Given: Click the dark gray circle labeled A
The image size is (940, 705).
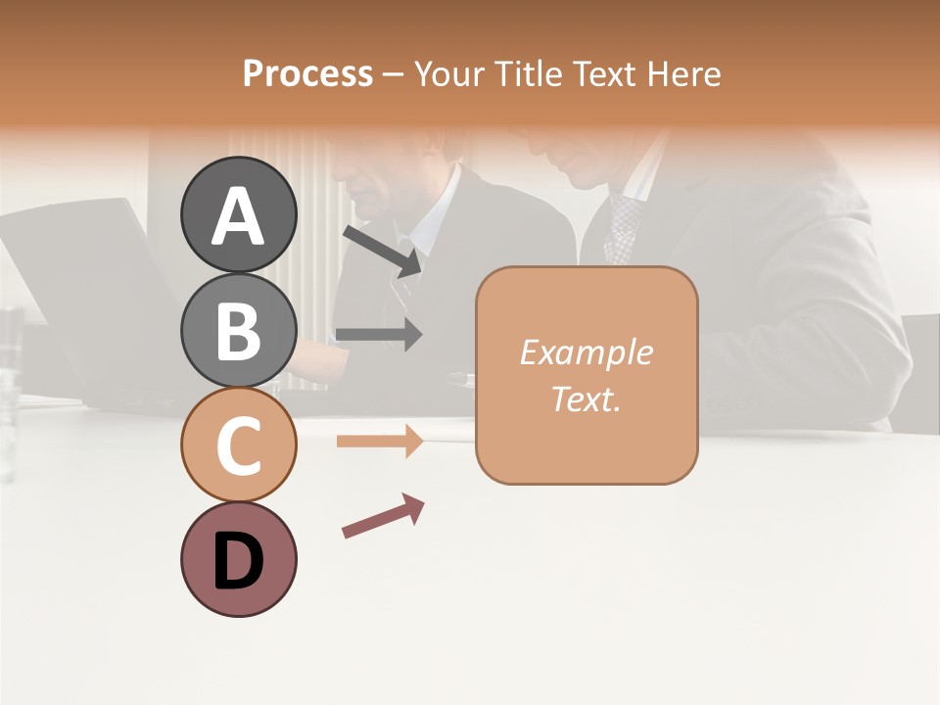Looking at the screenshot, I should pos(238,214).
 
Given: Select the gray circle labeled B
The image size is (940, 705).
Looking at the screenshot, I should pos(238,329).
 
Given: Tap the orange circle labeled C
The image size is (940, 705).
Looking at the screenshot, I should pos(238,444).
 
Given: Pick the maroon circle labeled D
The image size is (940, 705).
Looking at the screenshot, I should pos(238,559).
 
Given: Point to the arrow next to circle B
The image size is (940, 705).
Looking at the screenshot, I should pos(379,335).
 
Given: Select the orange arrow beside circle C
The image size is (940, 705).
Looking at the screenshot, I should pos(379,442).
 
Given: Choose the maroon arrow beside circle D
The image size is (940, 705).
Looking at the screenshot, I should pos(383,516).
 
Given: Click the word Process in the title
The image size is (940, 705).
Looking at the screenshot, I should pos(307,74).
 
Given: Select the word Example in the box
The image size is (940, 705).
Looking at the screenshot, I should pos(586,352).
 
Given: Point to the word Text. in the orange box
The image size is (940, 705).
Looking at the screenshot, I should pos(586,399).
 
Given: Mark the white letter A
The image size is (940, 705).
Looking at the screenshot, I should pos(238,216).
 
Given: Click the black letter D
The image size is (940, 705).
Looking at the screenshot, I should pos(238,561).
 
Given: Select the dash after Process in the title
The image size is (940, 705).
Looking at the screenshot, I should pos(393,74).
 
